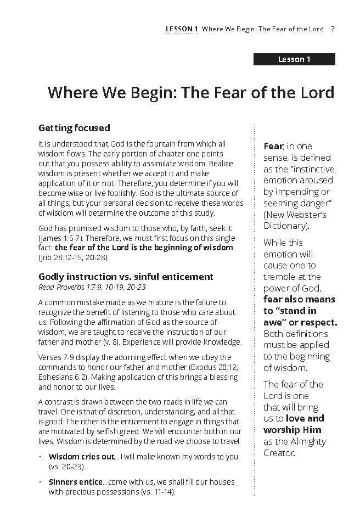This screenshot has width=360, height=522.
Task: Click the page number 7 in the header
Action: (333, 29)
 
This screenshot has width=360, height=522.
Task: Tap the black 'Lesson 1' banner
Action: (294, 59)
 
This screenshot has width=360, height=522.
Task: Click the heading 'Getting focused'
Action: (74, 128)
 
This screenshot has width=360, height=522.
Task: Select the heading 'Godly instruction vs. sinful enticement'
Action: (126, 276)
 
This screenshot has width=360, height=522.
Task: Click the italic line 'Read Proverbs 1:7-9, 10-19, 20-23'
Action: (92, 287)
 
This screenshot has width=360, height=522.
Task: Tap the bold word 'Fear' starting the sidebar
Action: (273, 146)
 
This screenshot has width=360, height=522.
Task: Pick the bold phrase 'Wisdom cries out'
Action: (81, 457)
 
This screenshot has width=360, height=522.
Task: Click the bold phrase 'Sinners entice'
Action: (75, 482)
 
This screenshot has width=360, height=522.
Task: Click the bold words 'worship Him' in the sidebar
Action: (292, 430)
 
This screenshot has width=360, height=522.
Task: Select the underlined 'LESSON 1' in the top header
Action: (181, 29)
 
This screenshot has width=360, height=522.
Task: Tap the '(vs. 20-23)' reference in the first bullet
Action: (67, 466)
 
